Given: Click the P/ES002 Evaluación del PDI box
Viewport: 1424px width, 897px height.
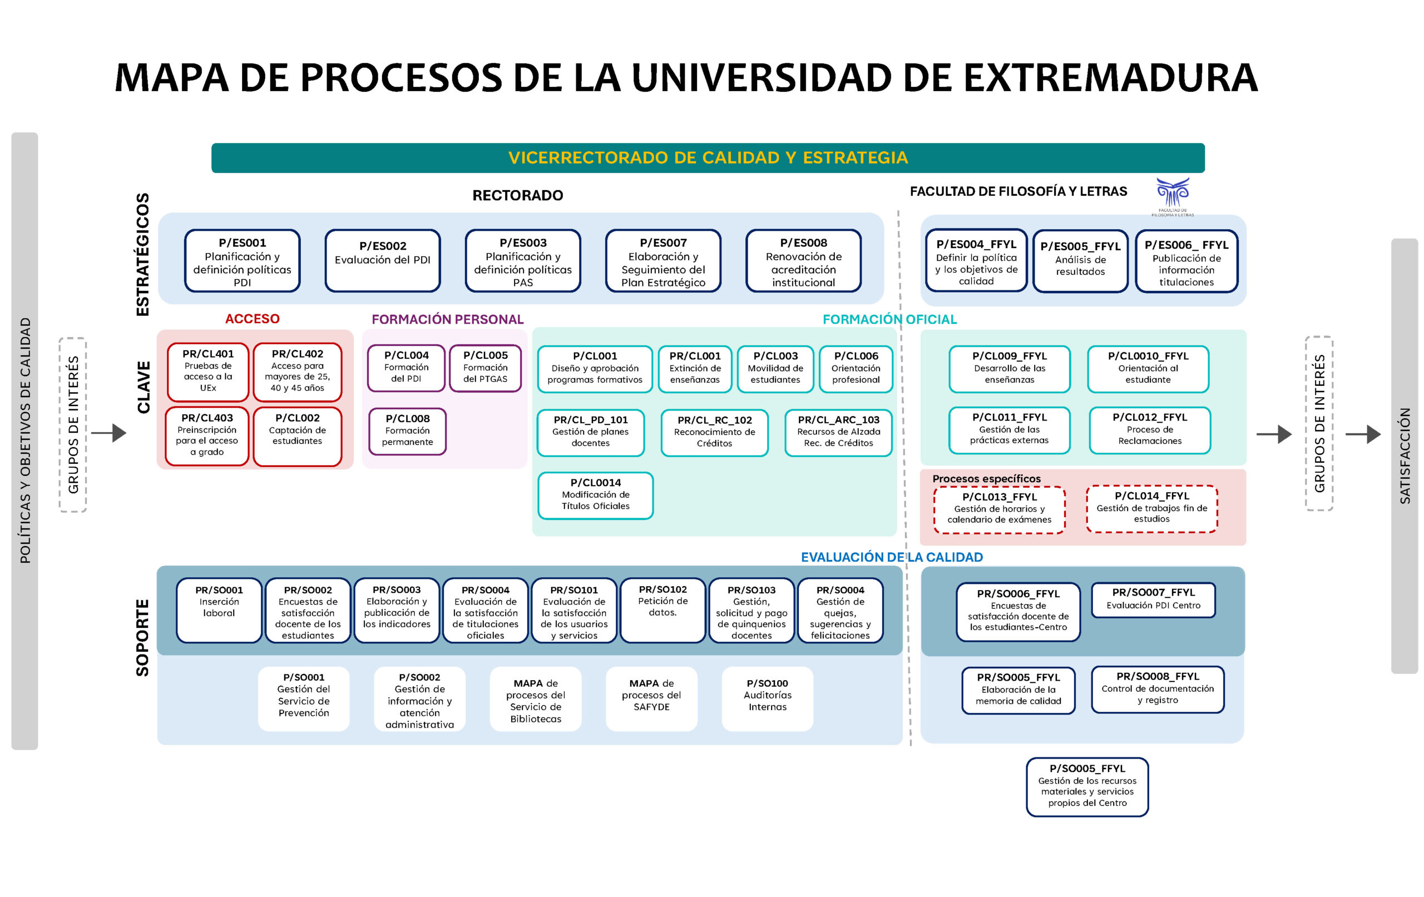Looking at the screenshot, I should pyautogui.click(x=382, y=260).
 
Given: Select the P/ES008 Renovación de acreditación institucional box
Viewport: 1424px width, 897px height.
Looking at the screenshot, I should pyautogui.click(x=803, y=261).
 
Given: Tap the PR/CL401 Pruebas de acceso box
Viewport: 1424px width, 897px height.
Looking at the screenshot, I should pyautogui.click(x=207, y=371).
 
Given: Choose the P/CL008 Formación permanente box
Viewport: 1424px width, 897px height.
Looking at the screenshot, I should pyautogui.click(x=407, y=431).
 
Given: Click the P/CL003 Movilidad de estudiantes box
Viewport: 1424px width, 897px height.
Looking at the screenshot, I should pyautogui.click(x=775, y=368).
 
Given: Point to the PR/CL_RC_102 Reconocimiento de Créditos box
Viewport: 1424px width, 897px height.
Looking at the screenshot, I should pyautogui.click(x=714, y=432).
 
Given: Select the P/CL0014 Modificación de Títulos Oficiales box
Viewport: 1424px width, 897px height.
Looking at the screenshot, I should pyautogui.click(x=595, y=495).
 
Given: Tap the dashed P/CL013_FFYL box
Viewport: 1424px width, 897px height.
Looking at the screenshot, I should pyautogui.click(x=999, y=509).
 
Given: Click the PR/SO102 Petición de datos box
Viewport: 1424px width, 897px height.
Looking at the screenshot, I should pyautogui.click(x=662, y=609).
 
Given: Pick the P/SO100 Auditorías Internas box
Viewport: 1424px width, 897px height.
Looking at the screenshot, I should pyautogui.click(x=767, y=698).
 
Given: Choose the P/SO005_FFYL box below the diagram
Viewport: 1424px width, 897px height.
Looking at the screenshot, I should pyautogui.click(x=1087, y=786).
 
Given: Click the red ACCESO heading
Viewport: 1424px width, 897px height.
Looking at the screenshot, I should pyautogui.click(x=252, y=319).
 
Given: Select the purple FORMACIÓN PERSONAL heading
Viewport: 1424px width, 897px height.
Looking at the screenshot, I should pyautogui.click(x=447, y=319).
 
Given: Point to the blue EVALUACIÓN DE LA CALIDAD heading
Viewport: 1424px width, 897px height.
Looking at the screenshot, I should pyautogui.click(x=891, y=557).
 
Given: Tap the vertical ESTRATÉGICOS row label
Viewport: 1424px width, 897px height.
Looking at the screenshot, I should pyautogui.click(x=142, y=254).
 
